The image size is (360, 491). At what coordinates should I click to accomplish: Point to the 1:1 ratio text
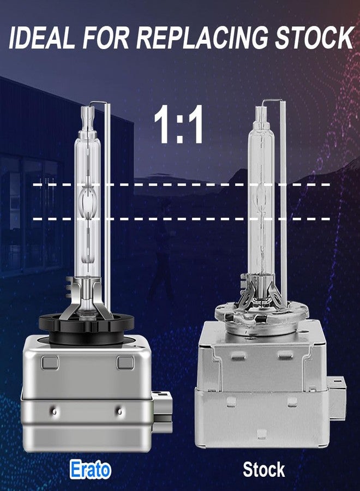179,124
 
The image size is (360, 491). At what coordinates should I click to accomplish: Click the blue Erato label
91,470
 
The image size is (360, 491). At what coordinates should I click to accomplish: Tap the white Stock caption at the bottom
264,470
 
